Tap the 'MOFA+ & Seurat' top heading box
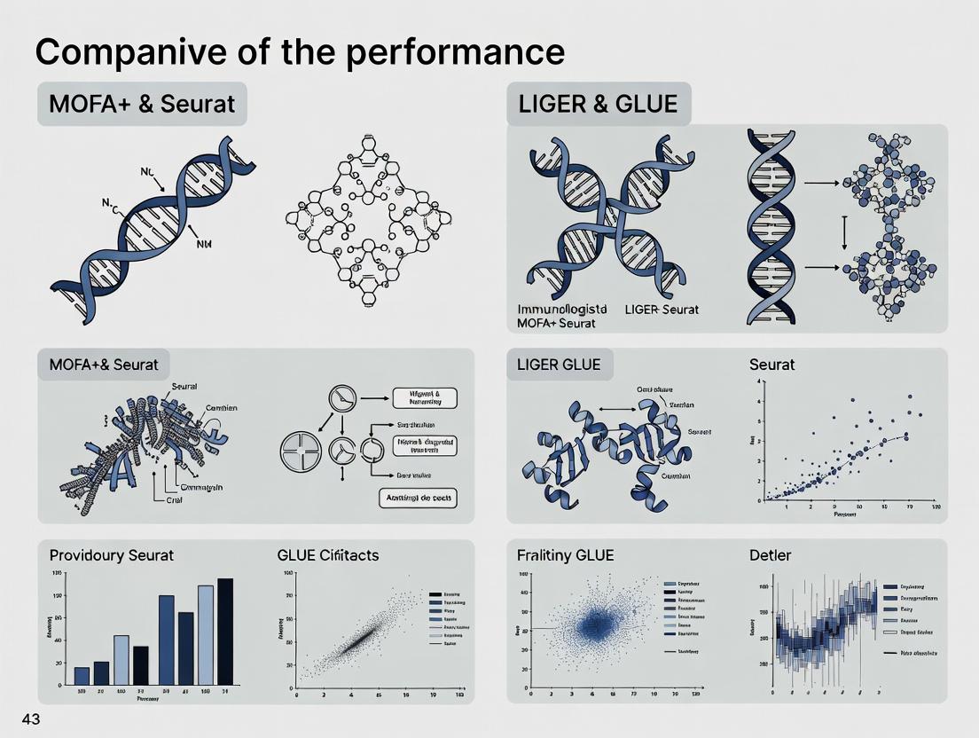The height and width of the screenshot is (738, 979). coord(142,104)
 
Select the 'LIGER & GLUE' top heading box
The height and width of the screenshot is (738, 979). coord(598,104)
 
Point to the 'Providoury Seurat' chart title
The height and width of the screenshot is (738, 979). coord(112,555)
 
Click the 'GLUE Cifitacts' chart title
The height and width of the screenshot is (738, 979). coord(328,555)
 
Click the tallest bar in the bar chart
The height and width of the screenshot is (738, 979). coord(225,631)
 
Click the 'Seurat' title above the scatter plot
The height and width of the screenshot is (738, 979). coord(771,365)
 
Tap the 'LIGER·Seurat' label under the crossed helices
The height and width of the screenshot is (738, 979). coord(662,309)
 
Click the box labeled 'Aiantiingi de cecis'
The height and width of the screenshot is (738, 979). coord(417,499)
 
